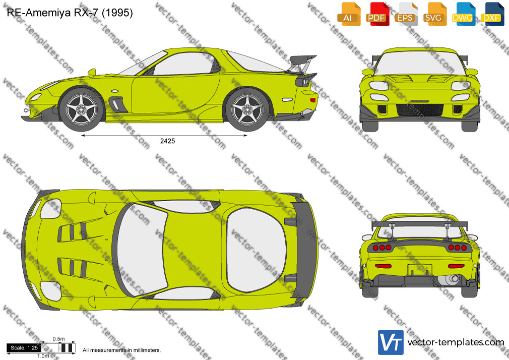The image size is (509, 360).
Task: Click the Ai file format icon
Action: (349, 14)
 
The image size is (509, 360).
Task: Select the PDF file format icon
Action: (377, 14)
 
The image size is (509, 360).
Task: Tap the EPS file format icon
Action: (406, 14)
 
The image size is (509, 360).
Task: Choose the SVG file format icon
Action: (434, 14)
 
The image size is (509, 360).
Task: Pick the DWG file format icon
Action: (463, 14)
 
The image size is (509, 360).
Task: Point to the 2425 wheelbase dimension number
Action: (167, 141)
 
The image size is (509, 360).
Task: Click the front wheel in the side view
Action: (81, 109)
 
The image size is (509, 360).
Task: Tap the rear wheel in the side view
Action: (247, 109)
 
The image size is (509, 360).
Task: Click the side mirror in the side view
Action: (92, 73)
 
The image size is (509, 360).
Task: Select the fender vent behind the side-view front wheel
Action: (117, 104)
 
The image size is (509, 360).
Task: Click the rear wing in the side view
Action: (302, 64)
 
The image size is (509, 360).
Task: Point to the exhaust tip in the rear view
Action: (449, 278)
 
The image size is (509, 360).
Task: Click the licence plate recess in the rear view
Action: (420, 269)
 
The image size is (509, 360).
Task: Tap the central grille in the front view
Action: (420, 110)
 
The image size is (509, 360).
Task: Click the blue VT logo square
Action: (391, 342)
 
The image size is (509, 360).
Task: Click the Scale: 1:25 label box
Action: (24, 348)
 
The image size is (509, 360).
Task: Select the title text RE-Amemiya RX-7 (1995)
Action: (70, 13)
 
